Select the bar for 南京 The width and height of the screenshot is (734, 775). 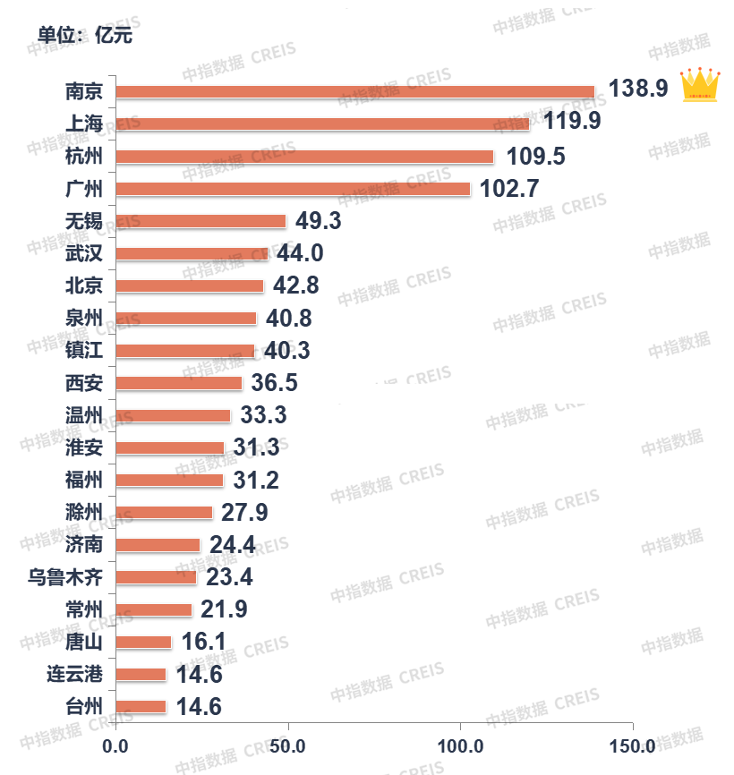[x=355, y=91]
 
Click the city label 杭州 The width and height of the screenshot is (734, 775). [x=84, y=157]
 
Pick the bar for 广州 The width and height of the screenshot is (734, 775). [x=293, y=189]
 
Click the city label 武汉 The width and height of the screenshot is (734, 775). [x=84, y=253]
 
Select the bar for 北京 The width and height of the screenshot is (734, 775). [x=190, y=285]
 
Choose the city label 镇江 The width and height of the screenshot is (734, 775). [x=84, y=350]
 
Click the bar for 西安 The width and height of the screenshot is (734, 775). [x=179, y=383]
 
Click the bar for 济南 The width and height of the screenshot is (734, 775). [x=158, y=545]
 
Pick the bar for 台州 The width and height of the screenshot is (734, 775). [x=141, y=706]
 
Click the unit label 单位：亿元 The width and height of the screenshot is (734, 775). [x=85, y=35]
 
